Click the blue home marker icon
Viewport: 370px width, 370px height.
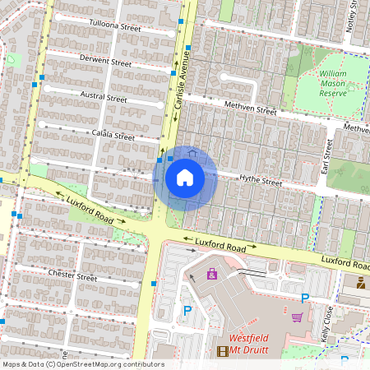185,178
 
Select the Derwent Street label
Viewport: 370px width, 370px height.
105,62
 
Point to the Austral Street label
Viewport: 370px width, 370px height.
104,97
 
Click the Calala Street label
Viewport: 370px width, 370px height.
113,135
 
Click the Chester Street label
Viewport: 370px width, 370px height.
73,274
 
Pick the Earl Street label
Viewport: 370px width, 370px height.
326,156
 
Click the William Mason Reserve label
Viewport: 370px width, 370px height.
332,83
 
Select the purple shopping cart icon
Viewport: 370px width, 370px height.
297,317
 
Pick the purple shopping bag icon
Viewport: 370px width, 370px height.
212,273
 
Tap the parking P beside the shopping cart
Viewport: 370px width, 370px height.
305,298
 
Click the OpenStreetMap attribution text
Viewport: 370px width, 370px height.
83,364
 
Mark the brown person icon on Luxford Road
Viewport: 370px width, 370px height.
361,282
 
